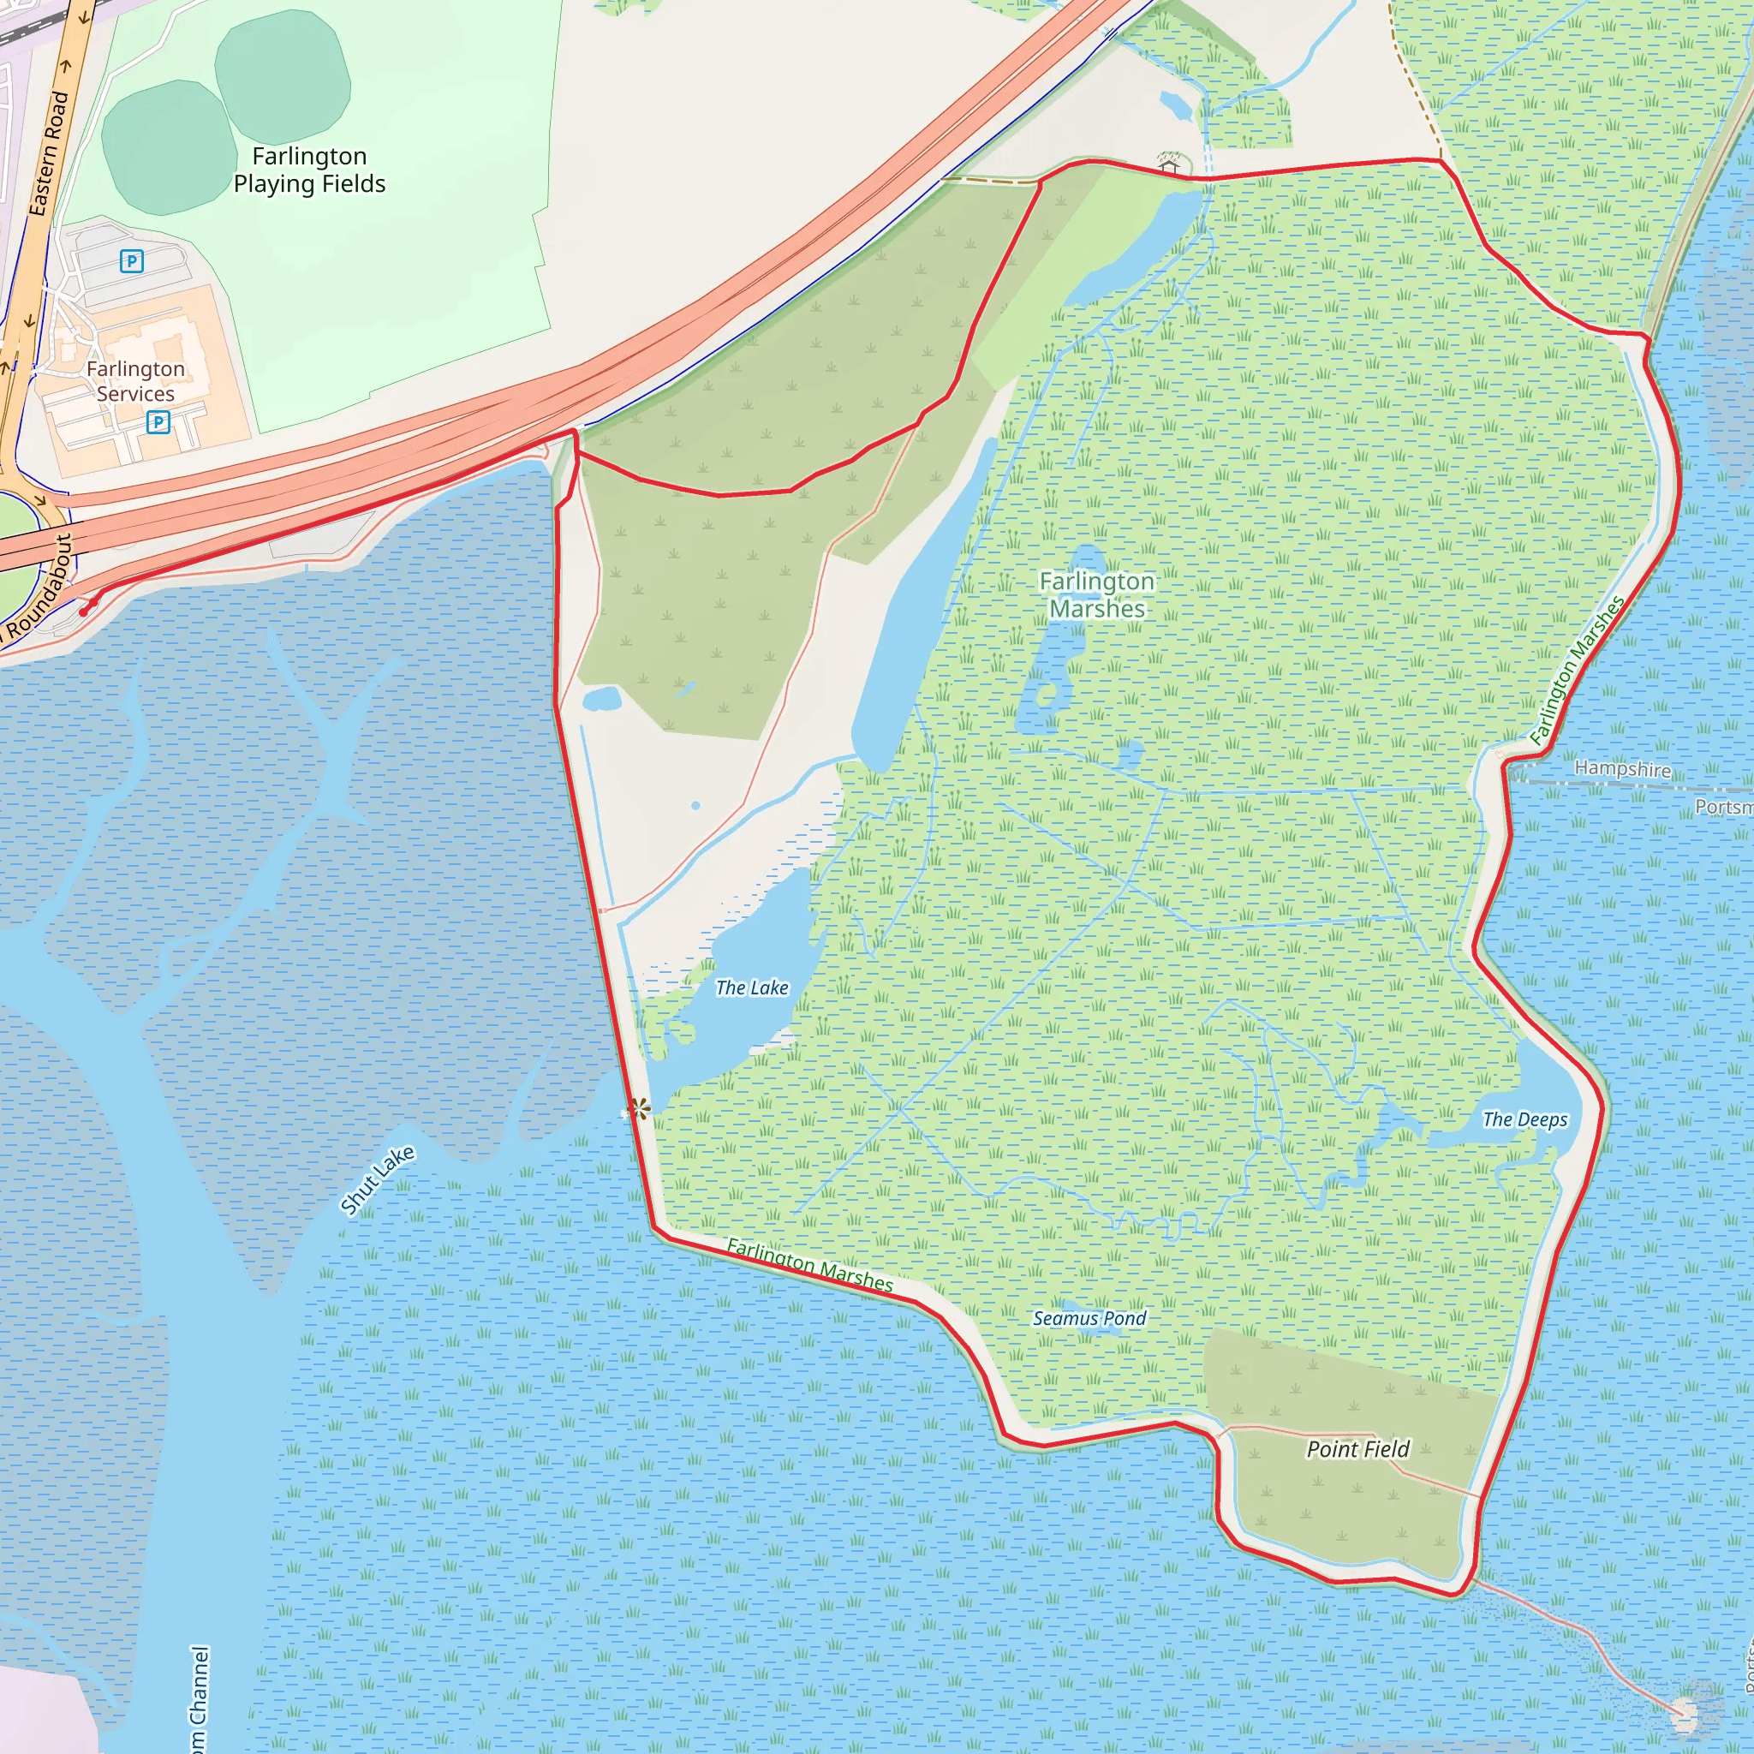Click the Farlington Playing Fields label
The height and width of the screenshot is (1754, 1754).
pos(309,170)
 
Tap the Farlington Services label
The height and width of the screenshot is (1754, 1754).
pos(135,381)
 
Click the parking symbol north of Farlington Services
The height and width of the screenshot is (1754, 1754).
pos(132,261)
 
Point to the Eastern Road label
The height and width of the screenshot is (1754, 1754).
pos(49,152)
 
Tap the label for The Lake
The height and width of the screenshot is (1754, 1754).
pos(752,987)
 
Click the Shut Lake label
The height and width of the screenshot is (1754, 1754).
pos(378,1179)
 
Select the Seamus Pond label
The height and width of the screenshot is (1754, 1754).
pos(1089,1318)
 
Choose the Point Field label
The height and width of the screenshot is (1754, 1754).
pos(1357,1449)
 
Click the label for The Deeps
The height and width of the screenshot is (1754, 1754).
pos(1524,1119)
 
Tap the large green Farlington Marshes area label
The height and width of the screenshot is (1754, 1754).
pos(1097,594)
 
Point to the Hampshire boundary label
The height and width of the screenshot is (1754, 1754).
pos(1622,768)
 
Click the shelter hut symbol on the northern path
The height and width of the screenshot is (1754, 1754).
pos(1169,164)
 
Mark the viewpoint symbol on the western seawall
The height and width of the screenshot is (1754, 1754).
pos(640,1108)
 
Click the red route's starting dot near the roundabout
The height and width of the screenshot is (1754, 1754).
pos(85,612)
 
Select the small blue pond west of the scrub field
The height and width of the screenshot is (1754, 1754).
pos(602,699)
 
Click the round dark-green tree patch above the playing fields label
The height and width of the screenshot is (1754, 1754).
pos(283,72)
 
